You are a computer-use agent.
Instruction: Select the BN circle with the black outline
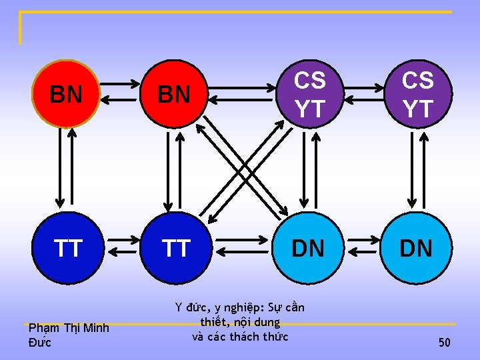[x=175, y=94]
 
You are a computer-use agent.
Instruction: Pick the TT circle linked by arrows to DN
[x=175, y=248]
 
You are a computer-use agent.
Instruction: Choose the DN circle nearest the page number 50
[x=415, y=248]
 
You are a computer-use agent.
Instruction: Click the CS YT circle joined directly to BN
[x=309, y=94]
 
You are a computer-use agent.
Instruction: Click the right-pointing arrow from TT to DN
[x=243, y=237]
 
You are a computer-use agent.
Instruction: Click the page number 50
[x=444, y=343]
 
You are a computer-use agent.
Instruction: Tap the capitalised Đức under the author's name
[x=40, y=343]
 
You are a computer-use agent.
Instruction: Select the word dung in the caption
[x=267, y=322]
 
